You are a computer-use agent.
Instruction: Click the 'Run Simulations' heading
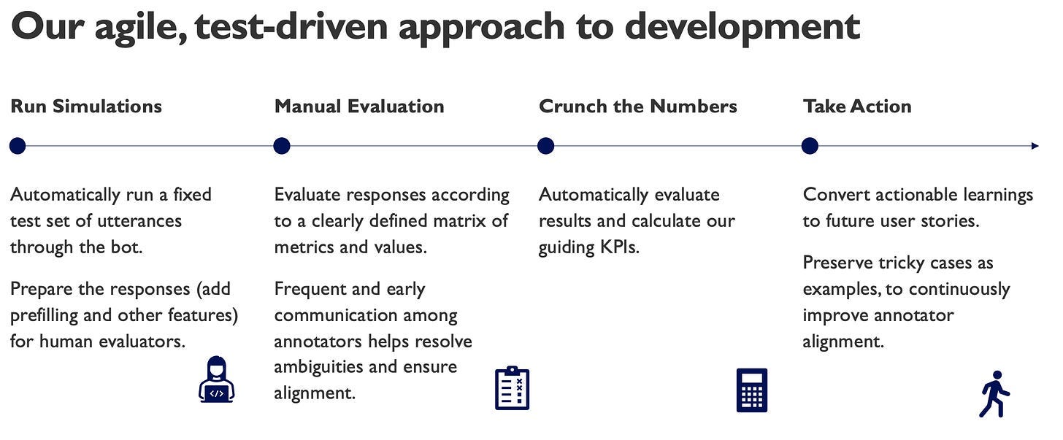pos(86,107)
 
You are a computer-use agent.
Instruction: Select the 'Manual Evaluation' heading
pos(359,107)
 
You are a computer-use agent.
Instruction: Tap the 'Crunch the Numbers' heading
pos(638,107)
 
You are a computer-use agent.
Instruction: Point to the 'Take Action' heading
pos(857,107)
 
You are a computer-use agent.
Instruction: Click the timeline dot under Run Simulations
pos(18,146)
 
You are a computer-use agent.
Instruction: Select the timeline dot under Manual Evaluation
pos(282,146)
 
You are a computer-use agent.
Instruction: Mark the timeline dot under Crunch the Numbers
pos(546,146)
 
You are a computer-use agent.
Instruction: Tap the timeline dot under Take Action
pos(810,146)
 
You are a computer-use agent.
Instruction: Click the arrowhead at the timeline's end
pos(1035,146)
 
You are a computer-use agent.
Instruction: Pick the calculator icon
pos(752,390)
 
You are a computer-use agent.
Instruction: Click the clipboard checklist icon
pos(512,388)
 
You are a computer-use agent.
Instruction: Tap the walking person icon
pos(994,394)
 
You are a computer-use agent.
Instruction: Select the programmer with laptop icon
pos(216,379)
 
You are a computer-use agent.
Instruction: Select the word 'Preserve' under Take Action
pos(837,263)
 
